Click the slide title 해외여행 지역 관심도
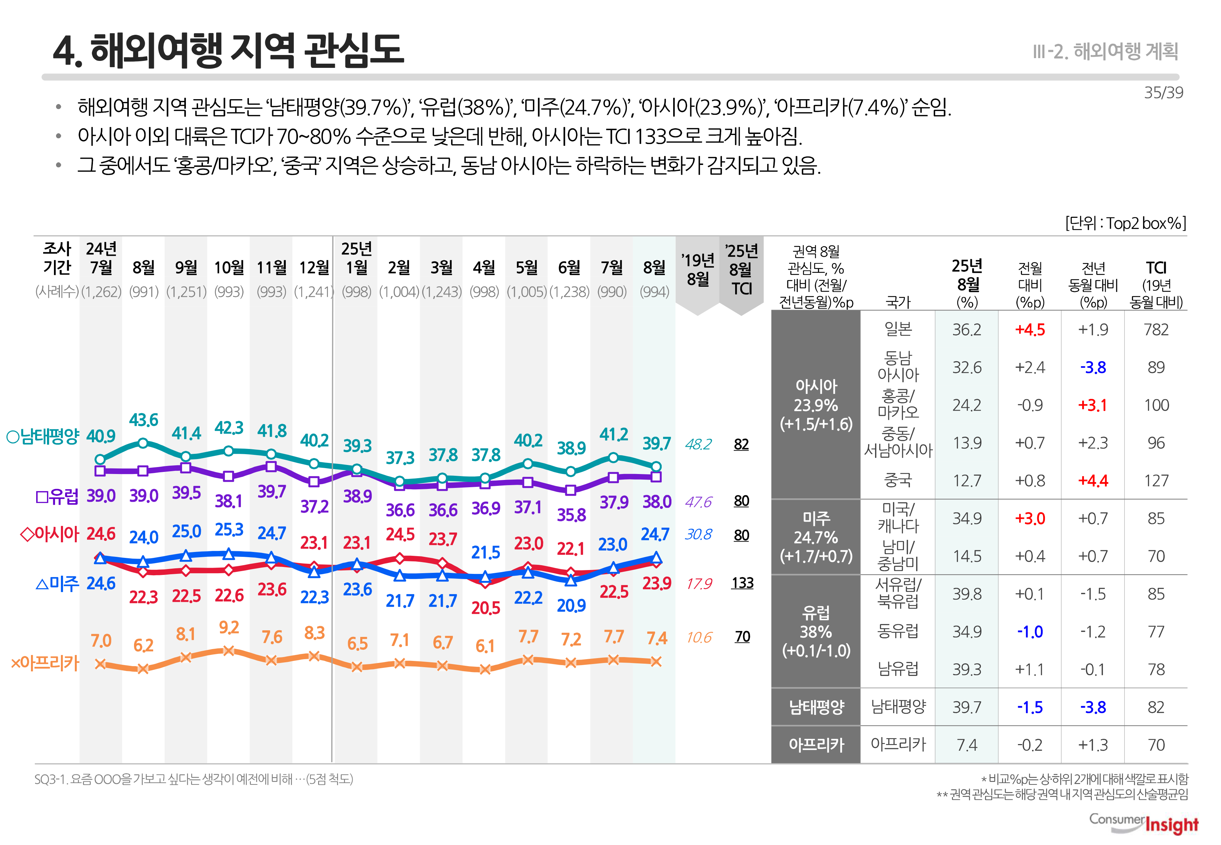pos(229,50)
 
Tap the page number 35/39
pos(1163,93)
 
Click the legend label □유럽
pos(57,496)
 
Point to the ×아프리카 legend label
pos(45,663)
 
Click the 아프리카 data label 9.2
pos(229,627)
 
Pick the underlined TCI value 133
pos(742,583)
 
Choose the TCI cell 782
pos(1156,330)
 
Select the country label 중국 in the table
pos(898,480)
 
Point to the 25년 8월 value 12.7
pos(967,481)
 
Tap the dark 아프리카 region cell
pos(816,745)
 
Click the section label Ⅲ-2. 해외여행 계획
pos(1105,52)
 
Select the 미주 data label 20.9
pos(571,605)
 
